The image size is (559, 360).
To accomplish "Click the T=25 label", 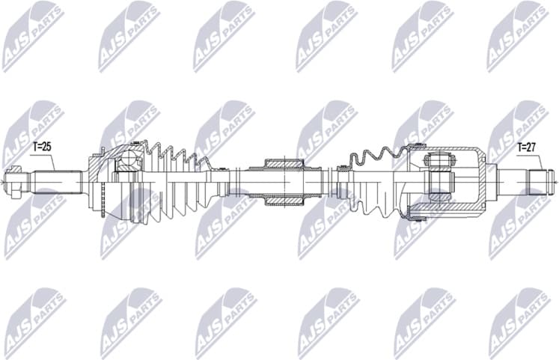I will click(41, 147).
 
